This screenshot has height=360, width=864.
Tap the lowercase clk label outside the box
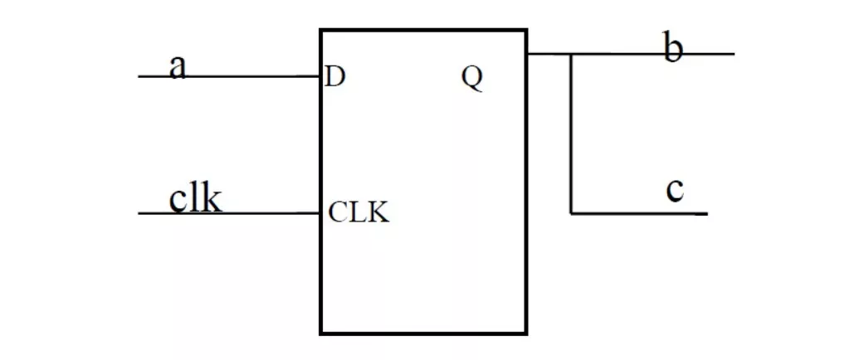(196, 198)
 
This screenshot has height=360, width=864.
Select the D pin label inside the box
(335, 77)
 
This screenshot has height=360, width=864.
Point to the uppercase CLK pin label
(359, 212)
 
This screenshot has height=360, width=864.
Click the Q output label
(472, 78)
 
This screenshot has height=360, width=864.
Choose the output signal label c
(676, 190)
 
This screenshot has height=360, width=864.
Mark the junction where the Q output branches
(572, 54)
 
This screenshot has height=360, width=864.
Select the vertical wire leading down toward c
(572, 133)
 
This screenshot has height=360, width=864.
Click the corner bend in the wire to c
(572, 213)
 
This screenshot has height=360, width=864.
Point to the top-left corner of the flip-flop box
(321, 31)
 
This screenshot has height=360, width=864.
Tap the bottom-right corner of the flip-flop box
(526, 333)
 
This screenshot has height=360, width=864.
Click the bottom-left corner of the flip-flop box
(321, 333)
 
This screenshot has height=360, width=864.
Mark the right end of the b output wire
(734, 54)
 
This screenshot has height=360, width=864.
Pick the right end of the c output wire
(706, 213)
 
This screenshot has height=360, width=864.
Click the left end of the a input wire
(139, 76)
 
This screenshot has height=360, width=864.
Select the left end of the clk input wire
(139, 213)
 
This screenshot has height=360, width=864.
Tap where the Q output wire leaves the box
(528, 54)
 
